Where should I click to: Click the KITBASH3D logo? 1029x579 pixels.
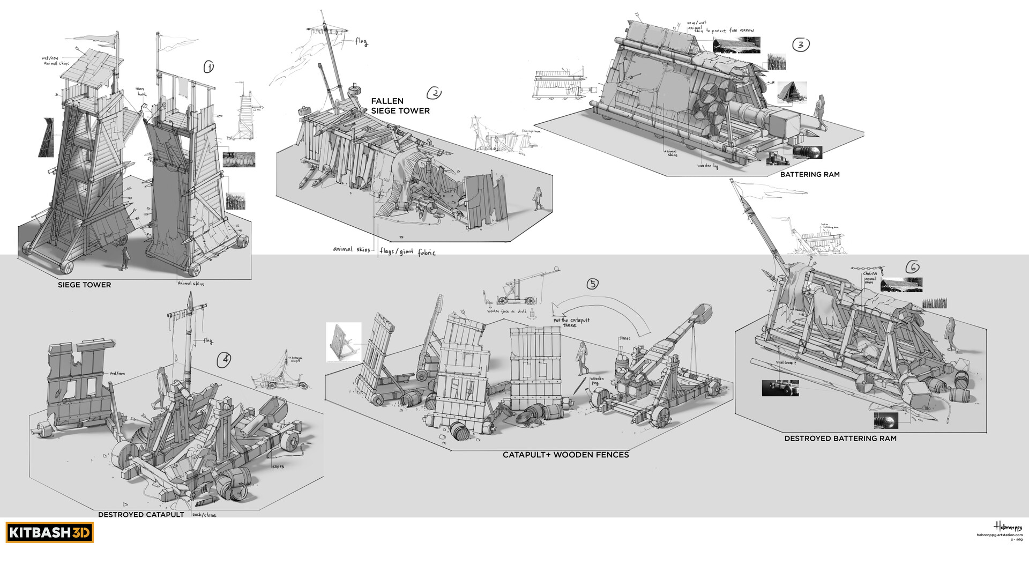pyautogui.click(x=49, y=533)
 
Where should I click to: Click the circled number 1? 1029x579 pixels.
pyautogui.click(x=208, y=67)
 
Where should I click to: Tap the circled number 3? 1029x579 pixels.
pyautogui.click(x=800, y=44)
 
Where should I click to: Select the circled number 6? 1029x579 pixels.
pyautogui.click(x=912, y=267)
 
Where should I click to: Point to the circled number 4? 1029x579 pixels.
pyautogui.click(x=224, y=360)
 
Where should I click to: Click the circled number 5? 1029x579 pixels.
pyautogui.click(x=592, y=284)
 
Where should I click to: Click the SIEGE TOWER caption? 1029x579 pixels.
pyautogui.click(x=84, y=285)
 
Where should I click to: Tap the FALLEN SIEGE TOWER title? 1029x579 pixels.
pyautogui.click(x=400, y=106)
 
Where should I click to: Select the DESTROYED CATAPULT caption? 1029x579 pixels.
pyautogui.click(x=141, y=515)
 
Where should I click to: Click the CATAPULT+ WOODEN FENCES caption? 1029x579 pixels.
pyautogui.click(x=565, y=455)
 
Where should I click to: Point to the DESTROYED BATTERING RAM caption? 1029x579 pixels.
pyautogui.click(x=840, y=439)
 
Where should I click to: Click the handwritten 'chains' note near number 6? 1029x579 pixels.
pyautogui.click(x=869, y=273)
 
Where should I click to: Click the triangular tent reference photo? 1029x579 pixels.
pyautogui.click(x=791, y=93)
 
